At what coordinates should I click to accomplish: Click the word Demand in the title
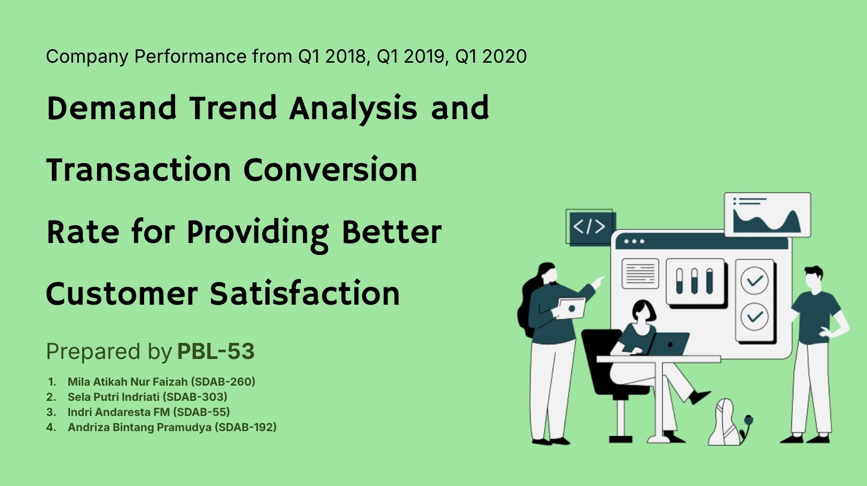111,108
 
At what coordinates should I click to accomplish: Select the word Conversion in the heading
330,170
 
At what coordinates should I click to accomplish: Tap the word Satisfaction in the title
304,293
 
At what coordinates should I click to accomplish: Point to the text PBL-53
216,351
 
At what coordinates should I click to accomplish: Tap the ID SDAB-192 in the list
246,427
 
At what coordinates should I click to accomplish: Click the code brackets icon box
590,227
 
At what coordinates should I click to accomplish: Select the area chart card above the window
768,215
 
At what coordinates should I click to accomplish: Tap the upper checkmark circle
754,281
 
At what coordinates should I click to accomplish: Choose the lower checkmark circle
754,317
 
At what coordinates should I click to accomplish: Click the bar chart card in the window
696,282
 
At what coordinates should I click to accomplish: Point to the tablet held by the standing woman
570,308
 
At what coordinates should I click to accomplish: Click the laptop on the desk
667,344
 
